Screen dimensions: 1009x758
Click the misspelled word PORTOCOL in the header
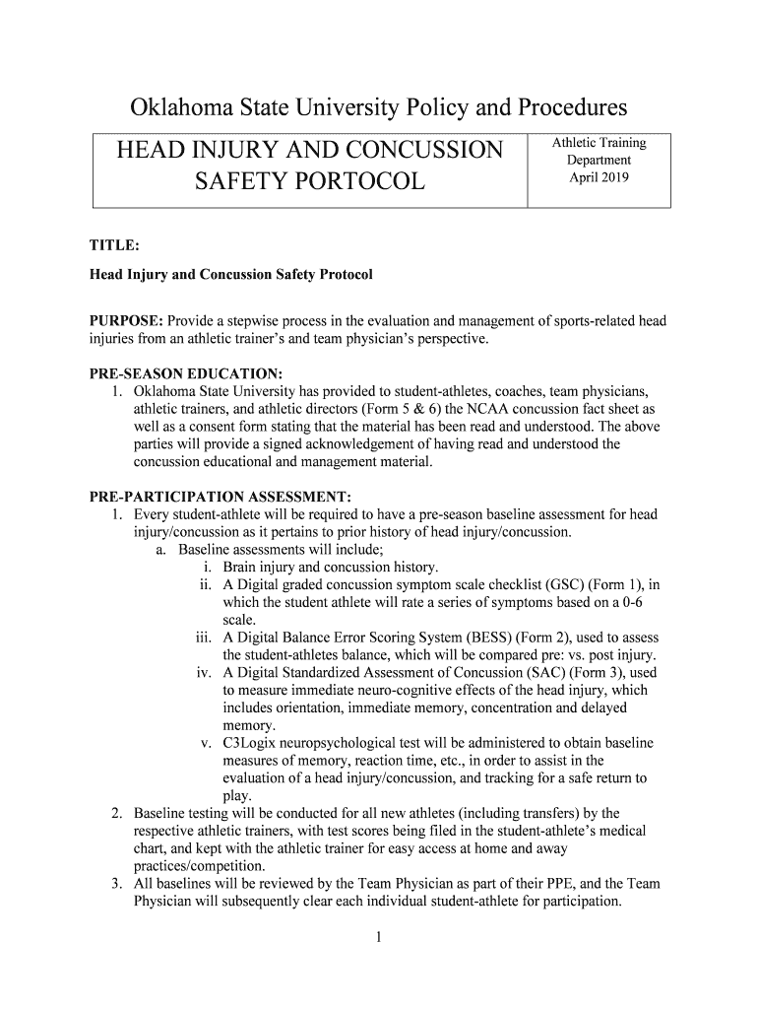point(354,181)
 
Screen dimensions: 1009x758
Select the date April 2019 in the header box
point(599,178)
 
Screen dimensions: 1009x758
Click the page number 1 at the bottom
point(378,937)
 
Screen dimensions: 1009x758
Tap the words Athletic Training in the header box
point(599,143)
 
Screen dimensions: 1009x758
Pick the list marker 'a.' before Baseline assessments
point(161,550)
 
